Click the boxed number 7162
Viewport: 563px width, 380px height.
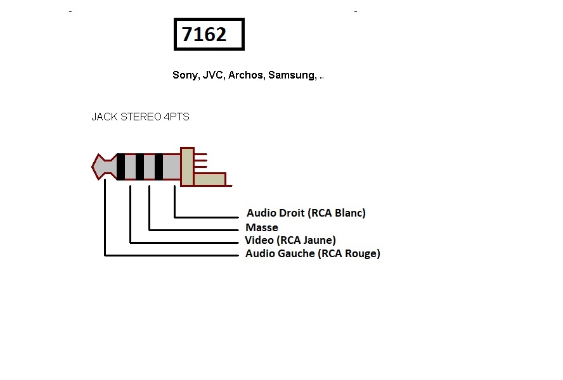204,34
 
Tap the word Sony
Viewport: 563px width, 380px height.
185,75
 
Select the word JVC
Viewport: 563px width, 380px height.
214,75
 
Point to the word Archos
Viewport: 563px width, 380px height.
246,75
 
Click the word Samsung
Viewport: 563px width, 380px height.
292,75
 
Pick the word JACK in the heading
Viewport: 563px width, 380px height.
103,117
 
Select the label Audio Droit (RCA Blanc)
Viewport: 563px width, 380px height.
306,213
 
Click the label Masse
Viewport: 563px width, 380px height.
262,227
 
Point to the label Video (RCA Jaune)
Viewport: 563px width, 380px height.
290,240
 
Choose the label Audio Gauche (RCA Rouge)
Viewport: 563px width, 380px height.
313,254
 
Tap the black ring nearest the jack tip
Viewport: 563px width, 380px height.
120,167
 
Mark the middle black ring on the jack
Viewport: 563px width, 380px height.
139,167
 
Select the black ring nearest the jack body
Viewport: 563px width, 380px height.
159,167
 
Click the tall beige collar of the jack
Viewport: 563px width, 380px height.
187,167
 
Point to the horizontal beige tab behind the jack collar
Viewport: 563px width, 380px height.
209,179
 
